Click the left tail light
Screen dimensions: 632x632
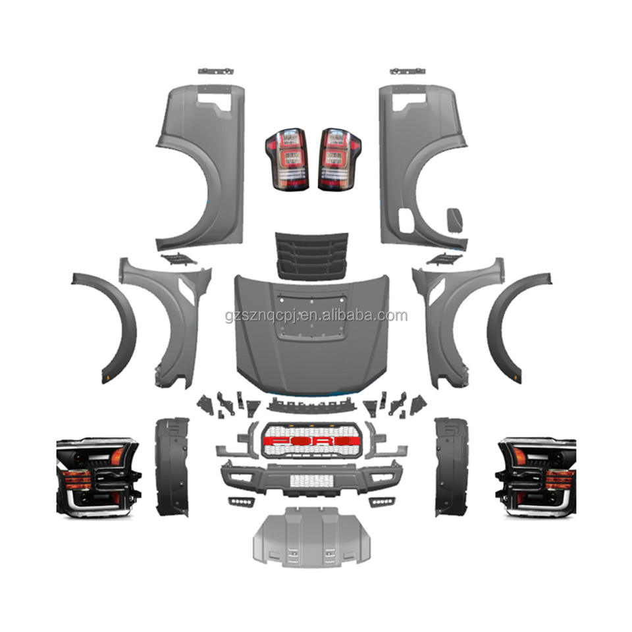[x=287, y=159]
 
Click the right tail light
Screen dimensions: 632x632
[x=340, y=159]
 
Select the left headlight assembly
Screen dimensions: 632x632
[x=98, y=477]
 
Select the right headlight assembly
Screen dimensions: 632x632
[x=536, y=477]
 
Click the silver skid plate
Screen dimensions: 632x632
[x=311, y=537]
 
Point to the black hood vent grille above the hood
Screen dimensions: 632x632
[x=311, y=255]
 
